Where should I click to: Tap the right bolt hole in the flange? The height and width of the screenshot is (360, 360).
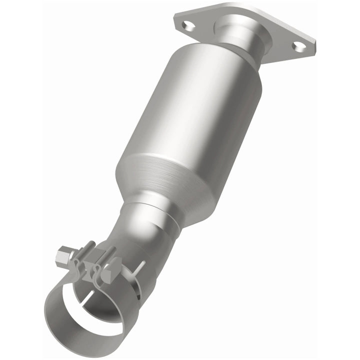tap(298, 46)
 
